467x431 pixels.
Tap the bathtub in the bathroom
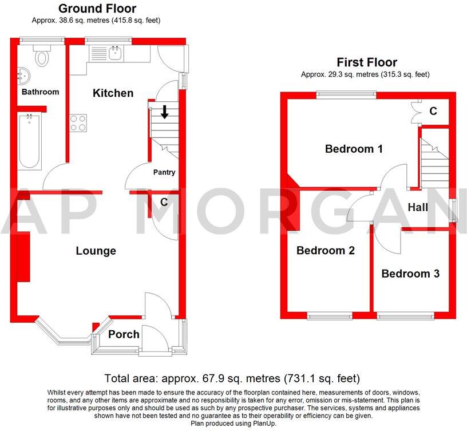point(29,142)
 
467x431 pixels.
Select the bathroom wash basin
point(23,76)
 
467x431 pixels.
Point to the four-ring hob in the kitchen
point(78,123)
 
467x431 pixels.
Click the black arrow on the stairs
point(164,112)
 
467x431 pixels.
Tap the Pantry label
point(164,172)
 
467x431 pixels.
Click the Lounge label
point(96,251)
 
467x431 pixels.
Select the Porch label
point(124,334)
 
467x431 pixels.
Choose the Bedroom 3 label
point(410,274)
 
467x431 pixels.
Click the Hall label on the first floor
point(418,207)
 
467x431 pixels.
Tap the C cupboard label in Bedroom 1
point(433,111)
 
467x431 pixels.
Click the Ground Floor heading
point(97,9)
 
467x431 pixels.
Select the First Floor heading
point(367,62)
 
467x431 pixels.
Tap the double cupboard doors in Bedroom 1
point(416,113)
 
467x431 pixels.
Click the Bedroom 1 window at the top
point(346,94)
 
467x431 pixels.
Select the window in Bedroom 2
point(330,316)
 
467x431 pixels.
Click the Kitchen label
point(113,93)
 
